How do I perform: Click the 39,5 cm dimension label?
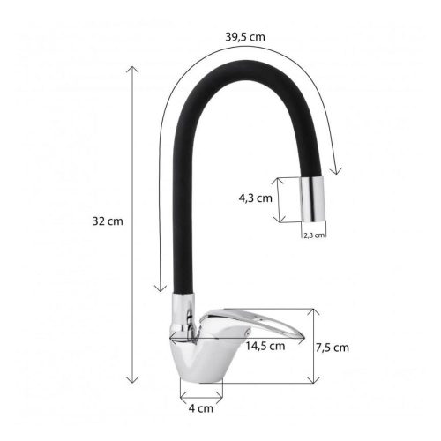[x=245, y=37]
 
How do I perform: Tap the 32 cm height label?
[x=108, y=221]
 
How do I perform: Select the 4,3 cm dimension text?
[x=255, y=198]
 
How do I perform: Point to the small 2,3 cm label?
[x=314, y=235]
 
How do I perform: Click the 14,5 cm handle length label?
[x=265, y=346]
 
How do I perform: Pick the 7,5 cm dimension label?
[x=333, y=348]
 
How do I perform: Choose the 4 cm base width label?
[x=201, y=408]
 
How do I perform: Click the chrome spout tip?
[x=313, y=199]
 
